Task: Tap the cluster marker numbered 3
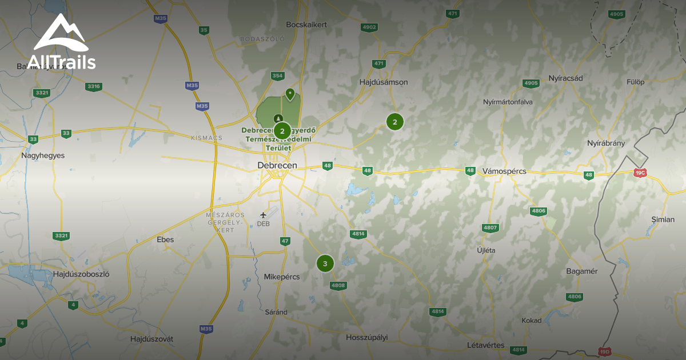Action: tap(325, 263)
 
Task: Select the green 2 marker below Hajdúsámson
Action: tap(394, 122)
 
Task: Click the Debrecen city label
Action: tap(277, 165)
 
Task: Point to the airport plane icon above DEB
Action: tap(264, 215)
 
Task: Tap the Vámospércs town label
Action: tap(504, 171)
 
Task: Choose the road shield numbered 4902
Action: tap(369, 27)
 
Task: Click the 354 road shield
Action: tap(277, 75)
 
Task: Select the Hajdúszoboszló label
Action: tap(81, 274)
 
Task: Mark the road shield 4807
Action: tap(490, 227)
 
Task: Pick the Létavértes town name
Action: tap(485, 345)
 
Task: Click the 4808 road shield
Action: tap(338, 285)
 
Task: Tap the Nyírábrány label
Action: tap(606, 143)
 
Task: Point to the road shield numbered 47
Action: tap(285, 241)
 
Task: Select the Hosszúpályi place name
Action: tap(366, 337)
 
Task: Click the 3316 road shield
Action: tap(93, 87)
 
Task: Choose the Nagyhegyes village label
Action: tap(43, 155)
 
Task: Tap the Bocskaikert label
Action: tap(306, 25)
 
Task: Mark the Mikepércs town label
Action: tap(282, 277)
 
